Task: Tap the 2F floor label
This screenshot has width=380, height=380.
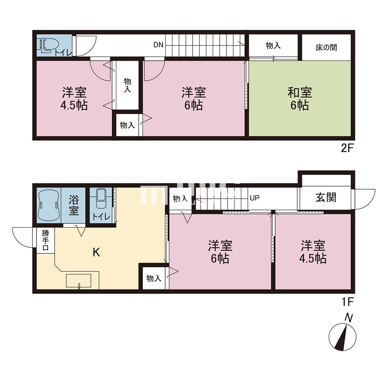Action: click(347, 148)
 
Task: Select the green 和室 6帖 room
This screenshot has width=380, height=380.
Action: click(300, 98)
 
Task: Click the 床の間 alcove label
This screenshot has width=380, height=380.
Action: click(326, 47)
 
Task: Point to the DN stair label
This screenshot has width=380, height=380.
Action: click(158, 45)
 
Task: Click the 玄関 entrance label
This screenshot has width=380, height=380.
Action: click(326, 198)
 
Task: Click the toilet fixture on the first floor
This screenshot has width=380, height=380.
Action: click(101, 200)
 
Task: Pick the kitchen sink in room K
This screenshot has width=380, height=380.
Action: click(79, 281)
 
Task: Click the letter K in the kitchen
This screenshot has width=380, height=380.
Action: click(97, 252)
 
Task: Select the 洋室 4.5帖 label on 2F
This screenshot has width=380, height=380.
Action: click(74, 98)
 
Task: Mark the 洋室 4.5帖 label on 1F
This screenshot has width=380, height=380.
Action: click(313, 252)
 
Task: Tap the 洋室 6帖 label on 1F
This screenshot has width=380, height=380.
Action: click(220, 252)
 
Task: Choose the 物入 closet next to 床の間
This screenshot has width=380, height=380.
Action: click(273, 46)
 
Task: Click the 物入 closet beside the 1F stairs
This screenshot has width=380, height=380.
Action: click(180, 199)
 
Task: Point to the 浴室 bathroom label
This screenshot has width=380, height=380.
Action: click(74, 206)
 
